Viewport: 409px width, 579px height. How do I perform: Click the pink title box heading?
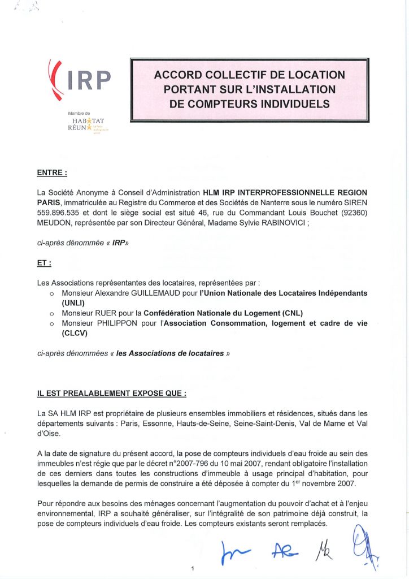pyautogui.click(x=249, y=89)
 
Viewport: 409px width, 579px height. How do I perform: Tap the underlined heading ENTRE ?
pyautogui.click(x=52, y=172)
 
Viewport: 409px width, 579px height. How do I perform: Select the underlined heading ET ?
pyautogui.click(x=45, y=263)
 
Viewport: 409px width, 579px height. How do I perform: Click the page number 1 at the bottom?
pyautogui.click(x=193, y=569)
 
